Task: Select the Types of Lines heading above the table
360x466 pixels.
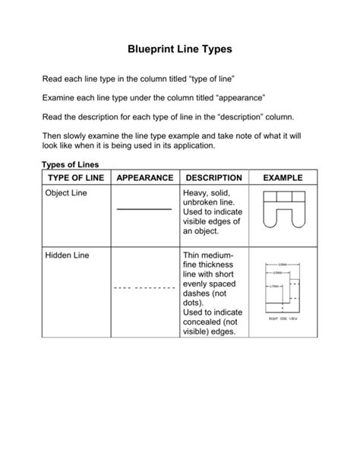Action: point(69,164)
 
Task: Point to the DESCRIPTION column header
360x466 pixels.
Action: point(213,178)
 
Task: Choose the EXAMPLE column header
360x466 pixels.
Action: point(283,178)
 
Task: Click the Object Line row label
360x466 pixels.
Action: point(67,194)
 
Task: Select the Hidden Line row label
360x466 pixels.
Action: point(67,255)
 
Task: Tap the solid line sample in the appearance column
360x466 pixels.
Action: point(144,208)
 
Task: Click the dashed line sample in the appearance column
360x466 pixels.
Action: point(144,290)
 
